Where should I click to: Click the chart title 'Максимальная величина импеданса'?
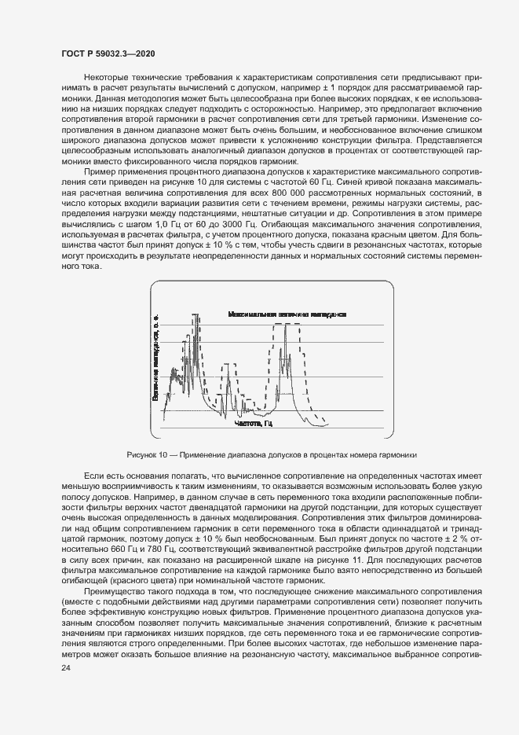coord(287,314)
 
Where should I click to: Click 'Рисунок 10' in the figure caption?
coord(147,455)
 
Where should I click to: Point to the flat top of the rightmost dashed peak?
coord(291,324)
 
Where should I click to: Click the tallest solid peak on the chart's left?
coord(196,314)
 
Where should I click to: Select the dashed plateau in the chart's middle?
coord(231,364)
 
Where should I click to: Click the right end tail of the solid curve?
coord(323,425)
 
